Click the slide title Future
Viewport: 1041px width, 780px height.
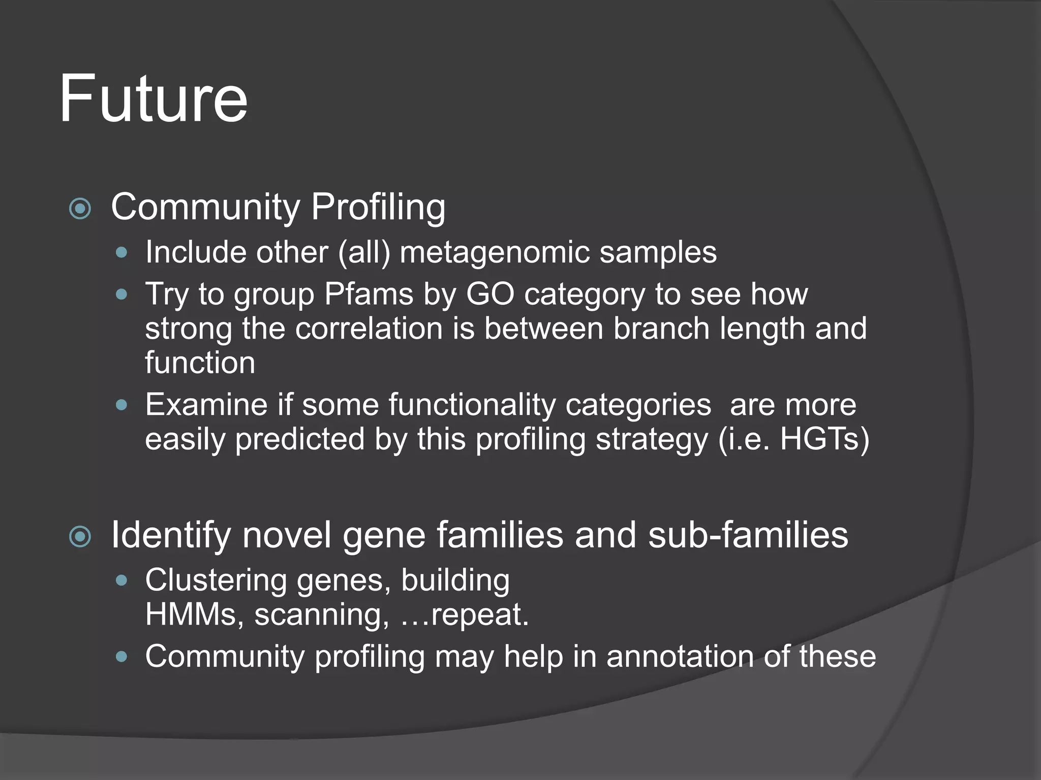[153, 99]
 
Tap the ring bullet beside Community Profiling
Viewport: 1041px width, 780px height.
[80, 208]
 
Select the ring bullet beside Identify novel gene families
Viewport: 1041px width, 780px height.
[80, 536]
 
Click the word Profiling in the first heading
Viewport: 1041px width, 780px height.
[378, 207]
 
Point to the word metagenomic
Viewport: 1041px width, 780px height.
[495, 253]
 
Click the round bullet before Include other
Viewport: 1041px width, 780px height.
[121, 252]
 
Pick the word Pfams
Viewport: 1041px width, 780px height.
[369, 294]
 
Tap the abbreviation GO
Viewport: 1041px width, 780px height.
[489, 294]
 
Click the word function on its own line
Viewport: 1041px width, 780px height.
[200, 363]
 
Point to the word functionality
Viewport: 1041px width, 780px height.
[472, 405]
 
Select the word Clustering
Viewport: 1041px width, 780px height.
[216, 580]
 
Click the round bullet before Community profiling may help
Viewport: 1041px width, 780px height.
[121, 656]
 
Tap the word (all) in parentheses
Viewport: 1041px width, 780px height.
[364, 253]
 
